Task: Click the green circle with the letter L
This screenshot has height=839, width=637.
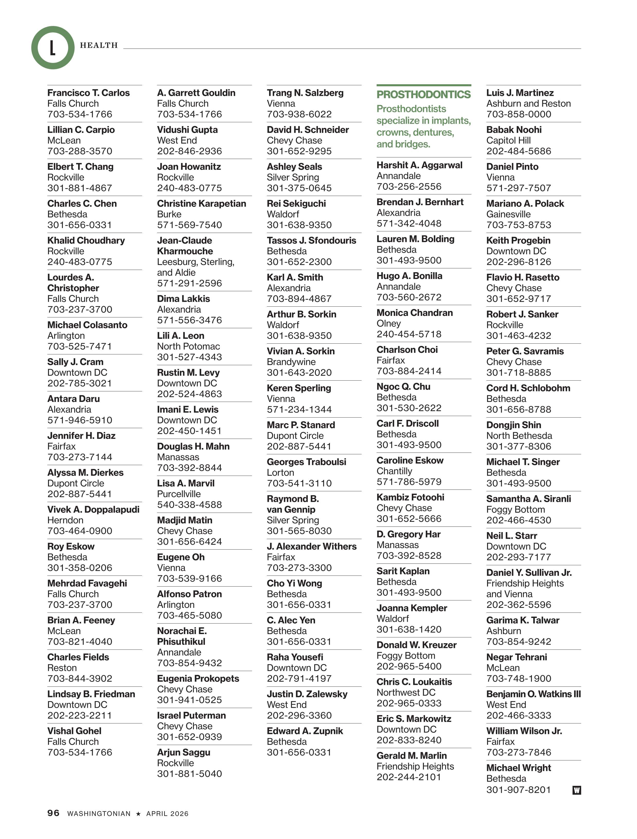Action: (x=53, y=48)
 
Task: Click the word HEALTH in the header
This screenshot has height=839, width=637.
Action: (x=99, y=45)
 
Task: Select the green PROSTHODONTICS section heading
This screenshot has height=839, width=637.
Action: (x=424, y=95)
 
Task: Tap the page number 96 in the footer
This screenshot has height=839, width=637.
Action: (x=53, y=813)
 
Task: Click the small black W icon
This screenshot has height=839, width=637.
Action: (x=576, y=790)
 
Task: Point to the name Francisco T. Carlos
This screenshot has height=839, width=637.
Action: (x=88, y=93)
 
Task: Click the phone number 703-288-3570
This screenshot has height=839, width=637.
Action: (x=80, y=151)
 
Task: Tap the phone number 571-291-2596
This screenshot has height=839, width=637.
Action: (x=189, y=283)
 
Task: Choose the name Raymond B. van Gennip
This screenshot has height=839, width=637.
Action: (x=293, y=504)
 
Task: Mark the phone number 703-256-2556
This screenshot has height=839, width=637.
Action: (x=409, y=187)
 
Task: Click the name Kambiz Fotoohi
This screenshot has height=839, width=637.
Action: (x=410, y=497)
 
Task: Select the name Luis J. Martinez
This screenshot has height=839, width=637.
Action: (x=520, y=93)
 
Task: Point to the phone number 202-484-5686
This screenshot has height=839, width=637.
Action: (x=519, y=151)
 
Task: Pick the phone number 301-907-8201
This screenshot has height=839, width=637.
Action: (x=518, y=790)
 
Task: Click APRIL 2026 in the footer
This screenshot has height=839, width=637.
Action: (x=167, y=814)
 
